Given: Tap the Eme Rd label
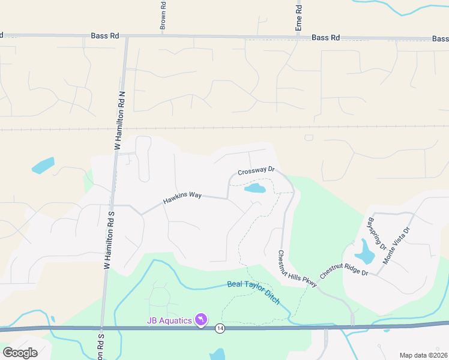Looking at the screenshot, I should pyautogui.click(x=298, y=16).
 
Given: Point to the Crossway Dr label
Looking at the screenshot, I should pyautogui.click(x=256, y=171).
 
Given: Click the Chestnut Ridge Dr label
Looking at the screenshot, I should pyautogui.click(x=344, y=264).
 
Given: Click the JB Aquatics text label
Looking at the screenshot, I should pyautogui.click(x=169, y=320).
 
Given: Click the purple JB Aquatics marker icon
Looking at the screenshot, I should pyautogui.click(x=202, y=320).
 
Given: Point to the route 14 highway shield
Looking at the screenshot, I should pyautogui.click(x=220, y=328).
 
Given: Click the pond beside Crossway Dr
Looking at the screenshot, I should pyautogui.click(x=255, y=189).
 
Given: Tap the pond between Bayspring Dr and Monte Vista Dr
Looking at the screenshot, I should pyautogui.click(x=365, y=251).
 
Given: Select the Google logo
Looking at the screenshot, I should pyautogui.click(x=20, y=353).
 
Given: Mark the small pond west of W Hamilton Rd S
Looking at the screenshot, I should pyautogui.click(x=43, y=165).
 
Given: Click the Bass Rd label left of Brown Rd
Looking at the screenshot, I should pyautogui.click(x=104, y=36).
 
